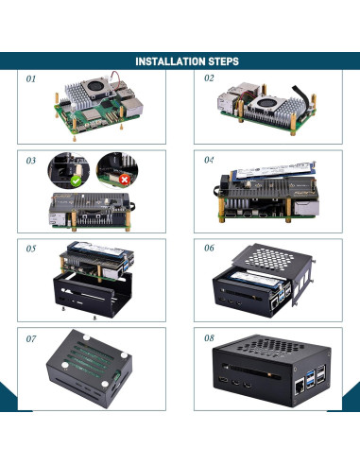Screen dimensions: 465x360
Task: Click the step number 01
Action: pos(31,79)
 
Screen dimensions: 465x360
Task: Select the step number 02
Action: pos(209,79)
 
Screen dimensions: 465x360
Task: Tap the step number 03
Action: pos(32,161)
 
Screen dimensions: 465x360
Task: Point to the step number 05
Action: pos(32,250)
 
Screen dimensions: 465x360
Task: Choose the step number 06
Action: pos(210,250)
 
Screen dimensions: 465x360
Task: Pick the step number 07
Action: pos(32,337)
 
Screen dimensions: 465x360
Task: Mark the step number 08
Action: pos(210,337)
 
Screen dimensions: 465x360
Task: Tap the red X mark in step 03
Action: pos(125,179)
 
